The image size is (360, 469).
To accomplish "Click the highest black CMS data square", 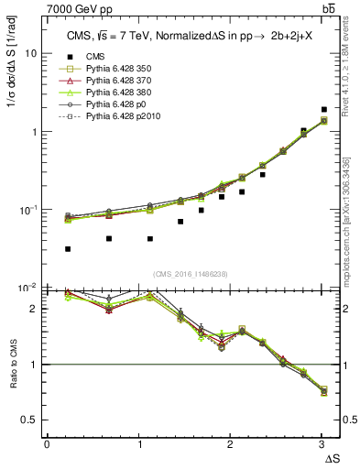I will pyautogui.click(x=324, y=109).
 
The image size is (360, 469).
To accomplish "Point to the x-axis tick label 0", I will pyautogui.click(x=47, y=444).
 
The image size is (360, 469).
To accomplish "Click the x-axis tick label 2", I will pyautogui.click(x=230, y=444).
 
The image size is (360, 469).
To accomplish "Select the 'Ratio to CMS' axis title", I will pyautogui.click(x=12, y=365).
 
